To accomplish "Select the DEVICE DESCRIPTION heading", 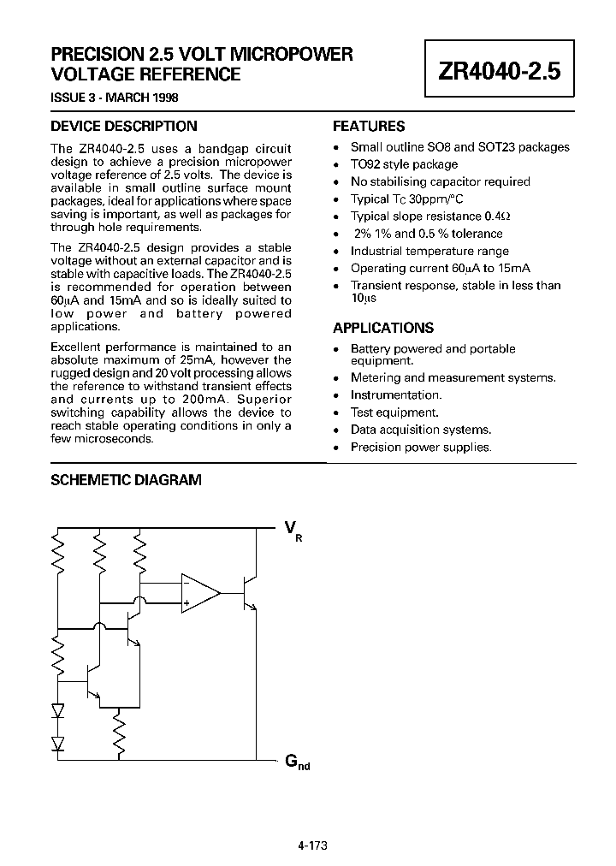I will coord(123,126).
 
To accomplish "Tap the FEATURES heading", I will coord(369,126).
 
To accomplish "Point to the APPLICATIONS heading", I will coord(382,328).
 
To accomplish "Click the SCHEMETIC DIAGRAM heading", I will coord(126,481).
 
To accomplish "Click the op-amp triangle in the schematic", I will coord(199,593).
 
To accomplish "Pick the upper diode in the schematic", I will coord(58,710).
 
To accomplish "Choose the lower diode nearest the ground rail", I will coord(58,741).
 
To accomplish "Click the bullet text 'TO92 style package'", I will coord(404,164).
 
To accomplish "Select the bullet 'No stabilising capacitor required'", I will coord(440,181).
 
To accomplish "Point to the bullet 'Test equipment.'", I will coord(394,412).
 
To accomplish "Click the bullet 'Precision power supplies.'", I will coord(421,447).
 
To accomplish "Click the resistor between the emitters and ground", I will coord(120,733).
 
